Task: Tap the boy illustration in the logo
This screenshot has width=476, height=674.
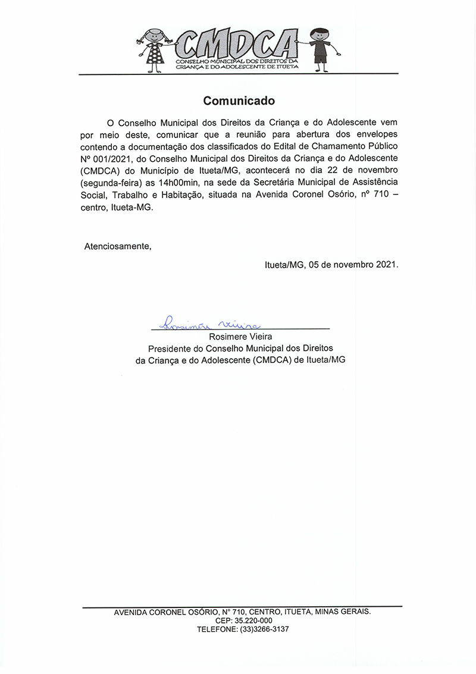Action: pos(320,49)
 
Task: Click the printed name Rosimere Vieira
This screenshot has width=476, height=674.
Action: pos(240,337)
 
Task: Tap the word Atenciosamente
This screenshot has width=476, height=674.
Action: pos(118,246)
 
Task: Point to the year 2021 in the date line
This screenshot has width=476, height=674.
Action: pos(386,264)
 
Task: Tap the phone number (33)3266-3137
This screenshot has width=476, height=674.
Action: pos(265,629)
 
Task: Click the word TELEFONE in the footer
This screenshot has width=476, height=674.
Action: pos(217,629)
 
